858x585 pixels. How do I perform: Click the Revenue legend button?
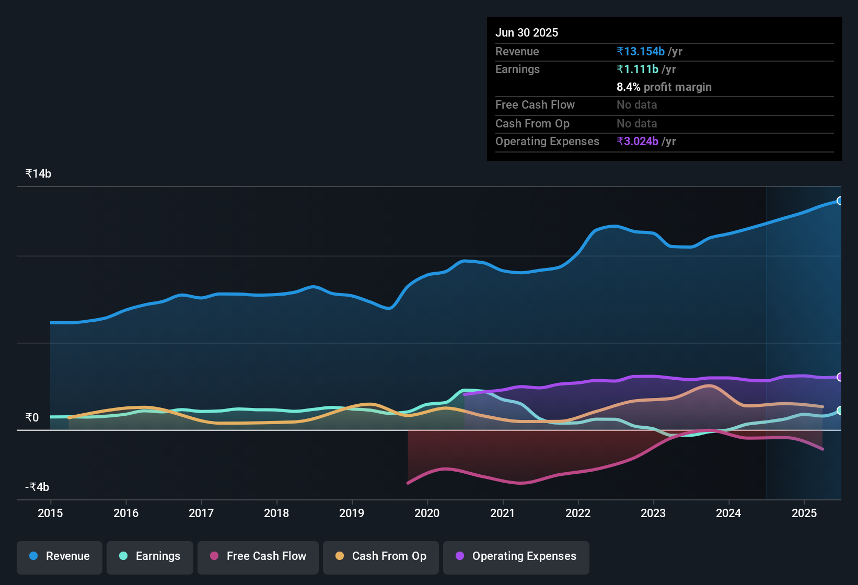[x=60, y=556]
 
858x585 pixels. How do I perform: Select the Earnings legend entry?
[x=150, y=556]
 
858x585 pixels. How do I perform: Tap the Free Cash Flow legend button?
[x=258, y=556]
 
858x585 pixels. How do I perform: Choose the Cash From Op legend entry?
[x=381, y=556]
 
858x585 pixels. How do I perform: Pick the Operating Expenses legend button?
[x=516, y=556]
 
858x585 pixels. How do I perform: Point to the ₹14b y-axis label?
[x=39, y=174]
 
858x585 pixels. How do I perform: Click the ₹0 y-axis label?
[x=32, y=418]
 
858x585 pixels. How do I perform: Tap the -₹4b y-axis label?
[x=37, y=487]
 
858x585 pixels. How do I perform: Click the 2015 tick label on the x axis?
[x=50, y=513]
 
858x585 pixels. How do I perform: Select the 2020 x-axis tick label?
[x=427, y=513]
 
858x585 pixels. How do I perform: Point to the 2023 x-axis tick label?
[x=653, y=513]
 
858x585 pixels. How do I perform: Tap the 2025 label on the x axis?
[x=804, y=513]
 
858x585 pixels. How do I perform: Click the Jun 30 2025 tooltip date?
[x=527, y=33]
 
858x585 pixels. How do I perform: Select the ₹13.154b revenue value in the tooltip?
[x=641, y=52]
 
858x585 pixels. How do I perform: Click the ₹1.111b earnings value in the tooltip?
[x=637, y=69]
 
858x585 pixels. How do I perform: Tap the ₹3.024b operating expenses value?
[x=637, y=142]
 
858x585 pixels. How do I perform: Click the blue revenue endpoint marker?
[x=840, y=201]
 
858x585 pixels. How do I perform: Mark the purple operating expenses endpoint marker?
[x=840, y=377]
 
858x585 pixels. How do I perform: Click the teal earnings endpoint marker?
[x=840, y=411]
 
